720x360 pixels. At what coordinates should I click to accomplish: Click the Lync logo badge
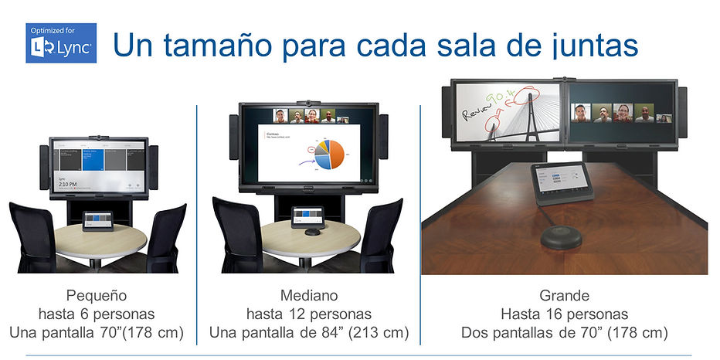point(61,43)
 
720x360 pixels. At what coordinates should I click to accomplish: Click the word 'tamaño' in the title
point(222,45)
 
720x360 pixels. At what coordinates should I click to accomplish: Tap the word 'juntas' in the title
point(589,45)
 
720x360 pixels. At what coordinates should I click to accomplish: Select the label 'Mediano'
point(308,296)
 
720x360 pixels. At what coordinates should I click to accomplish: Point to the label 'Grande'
point(565,296)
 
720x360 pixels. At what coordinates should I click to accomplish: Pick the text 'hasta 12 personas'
point(308,314)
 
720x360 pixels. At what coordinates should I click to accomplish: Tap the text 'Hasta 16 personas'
point(565,314)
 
